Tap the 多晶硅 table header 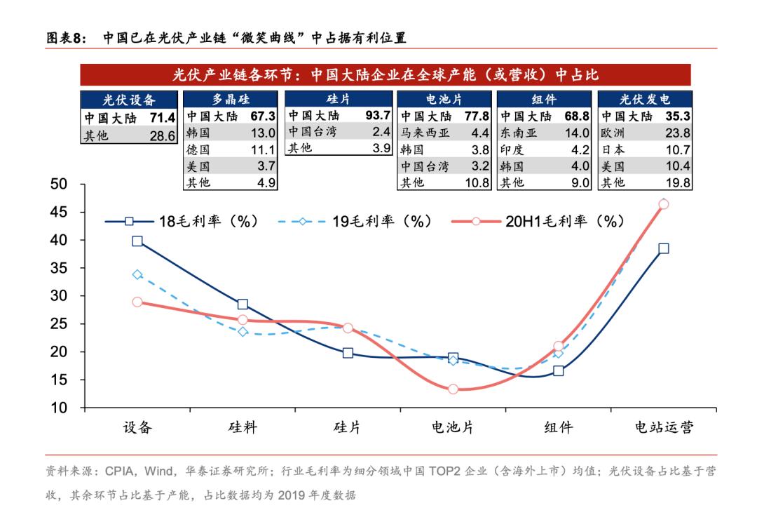tap(231, 100)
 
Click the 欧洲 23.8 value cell tap(677, 133)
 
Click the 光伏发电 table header tap(644, 100)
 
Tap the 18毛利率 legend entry tap(182, 222)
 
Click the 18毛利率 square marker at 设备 tap(137, 241)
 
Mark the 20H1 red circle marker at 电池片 tap(453, 389)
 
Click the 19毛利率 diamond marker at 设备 tap(137, 275)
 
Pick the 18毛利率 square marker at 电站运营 tap(663, 248)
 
